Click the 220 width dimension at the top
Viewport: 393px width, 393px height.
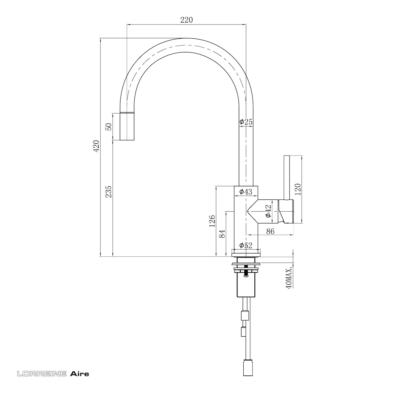click(x=186, y=20)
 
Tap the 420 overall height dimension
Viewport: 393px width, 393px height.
click(x=96, y=146)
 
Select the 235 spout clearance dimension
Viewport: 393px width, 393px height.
click(x=108, y=192)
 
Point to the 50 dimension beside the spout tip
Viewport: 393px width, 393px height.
click(x=109, y=127)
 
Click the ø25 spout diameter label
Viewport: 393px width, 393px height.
click(x=246, y=122)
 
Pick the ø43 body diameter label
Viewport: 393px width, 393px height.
click(x=246, y=192)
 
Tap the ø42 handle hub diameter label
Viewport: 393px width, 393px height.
click(x=268, y=211)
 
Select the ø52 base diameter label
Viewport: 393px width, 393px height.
click(x=246, y=245)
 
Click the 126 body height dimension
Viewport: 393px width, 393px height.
click(x=212, y=221)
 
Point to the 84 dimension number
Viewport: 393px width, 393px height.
click(x=222, y=234)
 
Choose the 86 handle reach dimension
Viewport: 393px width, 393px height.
click(x=270, y=231)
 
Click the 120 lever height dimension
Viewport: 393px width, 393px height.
click(x=298, y=189)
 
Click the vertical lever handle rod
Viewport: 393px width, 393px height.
click(x=287, y=178)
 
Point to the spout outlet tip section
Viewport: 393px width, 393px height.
click(x=127, y=126)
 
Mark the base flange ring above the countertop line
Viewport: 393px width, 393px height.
click(x=246, y=255)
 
